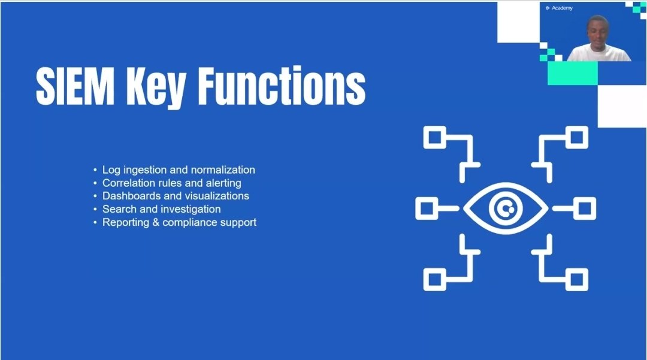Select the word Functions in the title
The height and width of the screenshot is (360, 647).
tap(282, 86)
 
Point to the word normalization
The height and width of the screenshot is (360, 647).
tap(223, 170)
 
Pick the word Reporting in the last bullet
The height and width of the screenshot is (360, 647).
tap(123, 222)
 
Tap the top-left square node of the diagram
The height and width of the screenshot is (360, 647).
tap(433, 137)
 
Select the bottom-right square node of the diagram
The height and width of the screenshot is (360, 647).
tap(576, 279)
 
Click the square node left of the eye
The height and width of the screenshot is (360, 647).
tap(426, 208)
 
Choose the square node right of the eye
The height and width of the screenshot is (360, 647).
tap(584, 208)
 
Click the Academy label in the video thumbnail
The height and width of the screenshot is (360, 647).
tap(563, 8)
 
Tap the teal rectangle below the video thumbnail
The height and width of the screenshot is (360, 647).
tap(572, 73)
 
